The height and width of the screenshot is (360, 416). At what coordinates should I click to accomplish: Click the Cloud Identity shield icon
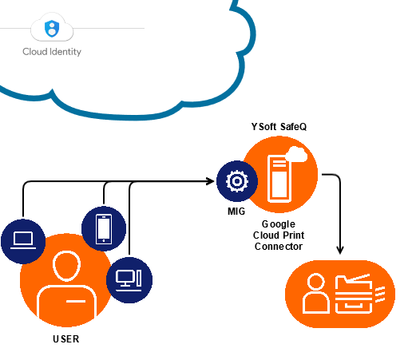[x=52, y=28]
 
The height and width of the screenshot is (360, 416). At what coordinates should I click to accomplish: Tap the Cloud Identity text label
[x=52, y=52]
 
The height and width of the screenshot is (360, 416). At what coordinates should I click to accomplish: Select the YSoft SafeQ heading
[x=279, y=127]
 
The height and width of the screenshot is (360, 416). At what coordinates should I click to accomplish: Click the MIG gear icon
[x=237, y=181]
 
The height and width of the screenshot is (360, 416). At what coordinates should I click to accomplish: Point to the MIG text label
[x=236, y=212]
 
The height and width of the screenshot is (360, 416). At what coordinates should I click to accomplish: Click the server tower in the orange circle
[x=279, y=179]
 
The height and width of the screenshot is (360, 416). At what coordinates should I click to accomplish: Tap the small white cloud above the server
[x=297, y=154]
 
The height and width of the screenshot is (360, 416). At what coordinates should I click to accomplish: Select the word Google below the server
[x=279, y=224]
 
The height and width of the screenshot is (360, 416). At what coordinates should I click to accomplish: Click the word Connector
[x=279, y=247]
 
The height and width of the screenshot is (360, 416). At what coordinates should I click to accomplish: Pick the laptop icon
[x=23, y=240]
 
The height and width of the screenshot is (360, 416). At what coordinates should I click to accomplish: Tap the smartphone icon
[x=104, y=229]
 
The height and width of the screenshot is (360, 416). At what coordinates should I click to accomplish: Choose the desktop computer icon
[x=129, y=280]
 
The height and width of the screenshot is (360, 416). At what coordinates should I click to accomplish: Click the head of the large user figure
[x=66, y=266]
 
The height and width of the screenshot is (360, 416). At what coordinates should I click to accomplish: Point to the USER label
[x=66, y=339]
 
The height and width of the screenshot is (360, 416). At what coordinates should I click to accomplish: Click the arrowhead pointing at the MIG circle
[x=211, y=181]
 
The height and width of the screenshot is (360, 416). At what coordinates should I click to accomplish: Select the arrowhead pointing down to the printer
[x=340, y=251]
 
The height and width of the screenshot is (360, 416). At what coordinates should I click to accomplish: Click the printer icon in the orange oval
[x=359, y=294]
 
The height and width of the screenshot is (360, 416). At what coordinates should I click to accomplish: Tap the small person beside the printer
[x=316, y=293]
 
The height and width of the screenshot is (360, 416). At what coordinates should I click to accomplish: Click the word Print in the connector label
[x=294, y=235]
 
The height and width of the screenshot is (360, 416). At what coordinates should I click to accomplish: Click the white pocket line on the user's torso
[x=76, y=301]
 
